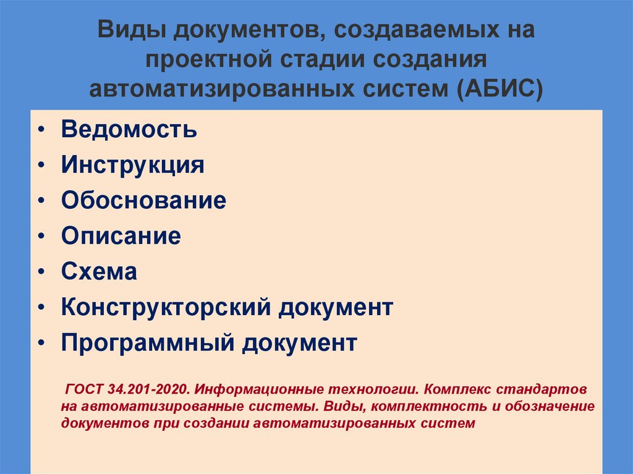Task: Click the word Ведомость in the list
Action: [129, 130]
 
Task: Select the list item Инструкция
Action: [132, 166]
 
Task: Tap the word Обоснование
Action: [143, 201]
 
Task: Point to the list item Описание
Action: [121, 236]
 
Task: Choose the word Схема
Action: [99, 272]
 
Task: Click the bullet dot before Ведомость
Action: [40, 131]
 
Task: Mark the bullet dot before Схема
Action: [40, 273]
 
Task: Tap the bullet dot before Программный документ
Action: [40, 344]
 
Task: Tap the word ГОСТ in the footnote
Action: [83, 391]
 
